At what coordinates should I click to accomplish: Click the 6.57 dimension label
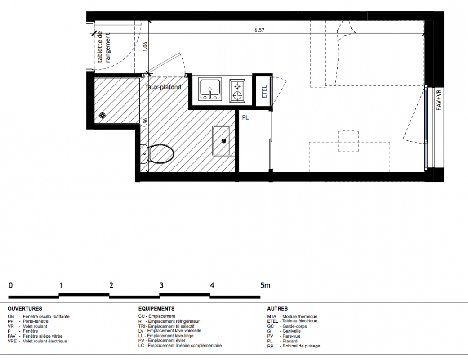[259, 30]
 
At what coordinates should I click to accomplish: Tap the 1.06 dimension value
[145, 47]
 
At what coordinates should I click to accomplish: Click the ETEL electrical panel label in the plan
[264, 92]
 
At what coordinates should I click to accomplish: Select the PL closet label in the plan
[245, 118]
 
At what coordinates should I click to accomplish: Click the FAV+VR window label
[439, 100]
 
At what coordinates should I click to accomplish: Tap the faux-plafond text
[164, 87]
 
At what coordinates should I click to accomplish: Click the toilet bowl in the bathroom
[161, 154]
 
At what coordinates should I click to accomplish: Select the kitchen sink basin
[210, 89]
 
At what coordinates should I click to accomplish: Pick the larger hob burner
[237, 96]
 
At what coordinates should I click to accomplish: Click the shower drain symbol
[103, 115]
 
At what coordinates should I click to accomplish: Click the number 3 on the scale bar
[161, 285]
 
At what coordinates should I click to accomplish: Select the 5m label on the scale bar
[265, 285]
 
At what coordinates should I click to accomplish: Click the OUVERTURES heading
[25, 309]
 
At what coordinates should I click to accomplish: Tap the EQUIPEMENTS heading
[156, 309]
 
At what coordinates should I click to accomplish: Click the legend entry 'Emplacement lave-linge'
[170, 336]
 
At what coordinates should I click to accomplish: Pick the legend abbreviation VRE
[12, 341]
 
